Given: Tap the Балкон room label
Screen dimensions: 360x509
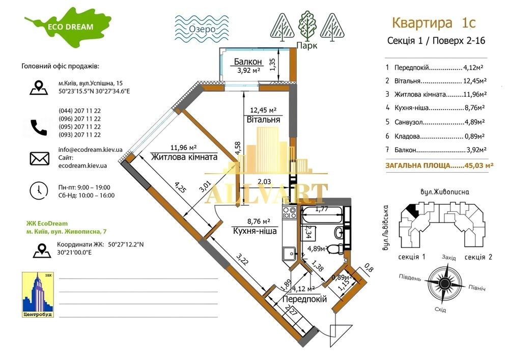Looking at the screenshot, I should click(x=248, y=63).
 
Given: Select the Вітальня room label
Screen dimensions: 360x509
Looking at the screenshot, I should click(x=263, y=120).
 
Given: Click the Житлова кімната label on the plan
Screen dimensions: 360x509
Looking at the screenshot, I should click(x=184, y=157).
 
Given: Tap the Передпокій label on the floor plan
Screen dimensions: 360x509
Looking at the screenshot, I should click(x=304, y=300).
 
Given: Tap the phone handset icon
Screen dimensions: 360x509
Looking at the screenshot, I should click(x=39, y=127).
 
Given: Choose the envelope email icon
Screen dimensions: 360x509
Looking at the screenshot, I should click(x=39, y=158).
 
